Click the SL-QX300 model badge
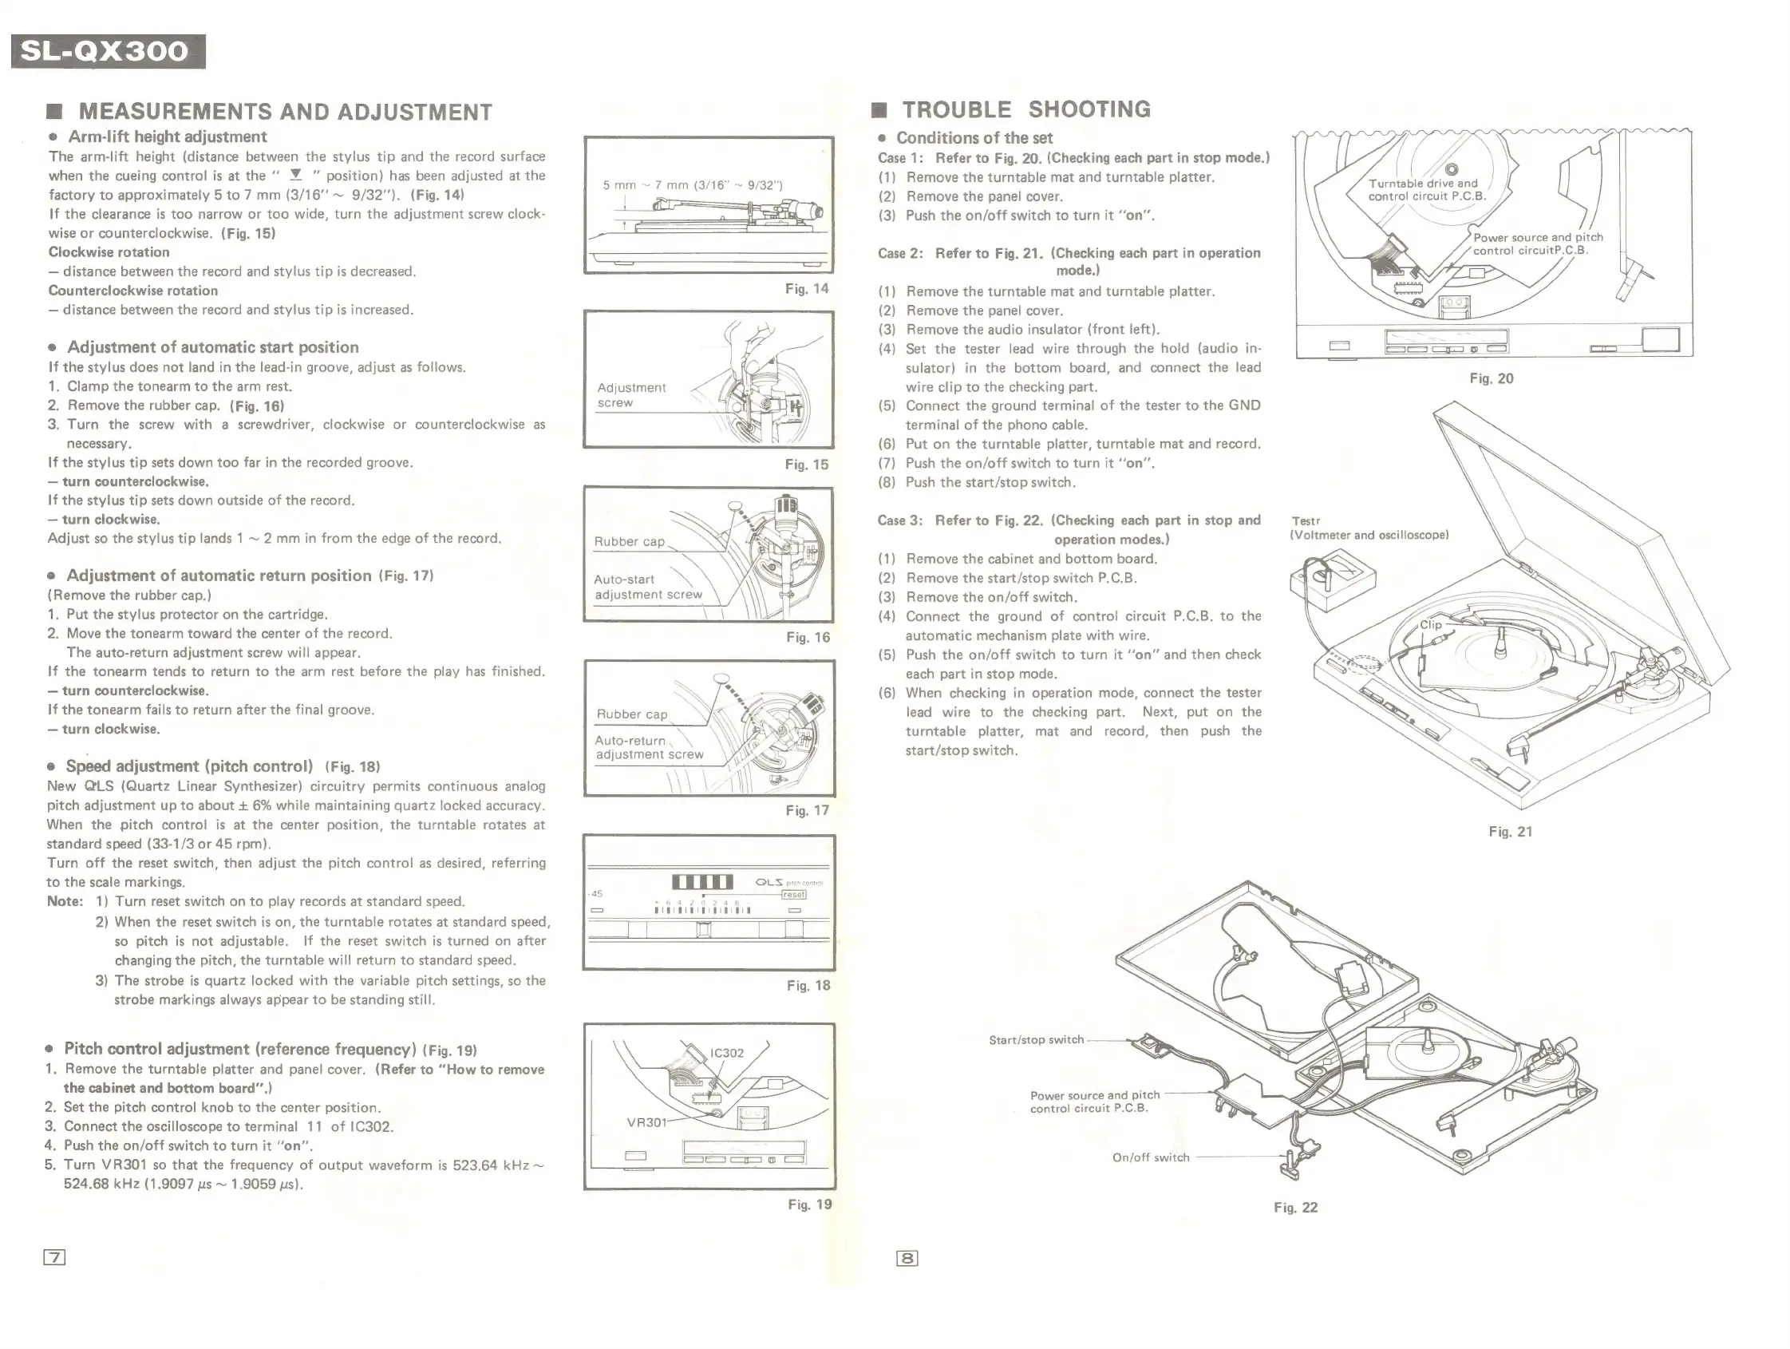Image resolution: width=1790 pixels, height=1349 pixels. pyautogui.click(x=108, y=52)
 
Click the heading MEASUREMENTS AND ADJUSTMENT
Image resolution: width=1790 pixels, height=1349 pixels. pyautogui.click(x=285, y=112)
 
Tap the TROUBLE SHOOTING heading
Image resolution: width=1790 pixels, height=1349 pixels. pyautogui.click(x=1025, y=109)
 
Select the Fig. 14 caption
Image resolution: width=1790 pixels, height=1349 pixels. pyautogui.click(x=807, y=289)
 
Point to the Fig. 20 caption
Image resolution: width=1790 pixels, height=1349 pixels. pyautogui.click(x=1491, y=378)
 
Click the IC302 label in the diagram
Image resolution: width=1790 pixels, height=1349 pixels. pyautogui.click(x=727, y=1053)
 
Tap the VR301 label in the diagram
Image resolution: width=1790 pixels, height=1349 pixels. pyautogui.click(x=646, y=1122)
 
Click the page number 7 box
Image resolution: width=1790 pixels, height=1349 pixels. pyautogui.click(x=54, y=1256)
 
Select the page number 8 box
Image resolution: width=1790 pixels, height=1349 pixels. pyautogui.click(x=907, y=1257)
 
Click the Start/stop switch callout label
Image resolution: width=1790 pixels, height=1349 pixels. pyautogui.click(x=1036, y=1040)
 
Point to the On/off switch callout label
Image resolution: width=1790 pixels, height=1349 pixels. pyautogui.click(x=1151, y=1158)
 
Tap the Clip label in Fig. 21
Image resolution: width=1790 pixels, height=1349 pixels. pyautogui.click(x=1431, y=625)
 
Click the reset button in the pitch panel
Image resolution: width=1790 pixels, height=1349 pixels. pyautogui.click(x=793, y=894)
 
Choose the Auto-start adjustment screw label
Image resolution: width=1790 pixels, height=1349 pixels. pyautogui.click(x=648, y=587)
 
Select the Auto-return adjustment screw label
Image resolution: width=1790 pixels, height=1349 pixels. pyautogui.click(x=649, y=747)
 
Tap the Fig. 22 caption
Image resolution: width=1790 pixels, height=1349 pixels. pyautogui.click(x=1295, y=1208)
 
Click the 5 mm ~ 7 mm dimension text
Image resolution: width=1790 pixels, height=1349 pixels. pyautogui.click(x=693, y=185)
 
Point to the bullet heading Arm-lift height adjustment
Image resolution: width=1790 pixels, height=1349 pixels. pyautogui.click(x=167, y=136)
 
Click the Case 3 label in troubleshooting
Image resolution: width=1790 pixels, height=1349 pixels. pyautogui.click(x=900, y=520)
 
